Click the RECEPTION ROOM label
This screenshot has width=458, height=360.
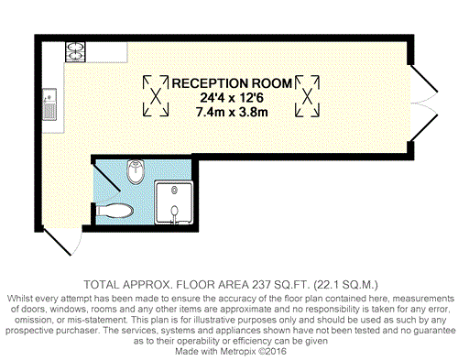tap(232, 83)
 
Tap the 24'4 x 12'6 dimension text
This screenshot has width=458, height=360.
tap(232, 98)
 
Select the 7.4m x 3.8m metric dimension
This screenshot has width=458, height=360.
tap(232, 112)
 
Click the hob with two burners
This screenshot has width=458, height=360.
tap(75, 52)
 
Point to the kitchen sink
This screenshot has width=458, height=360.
tap(49, 104)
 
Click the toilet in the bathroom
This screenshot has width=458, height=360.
tap(114, 211)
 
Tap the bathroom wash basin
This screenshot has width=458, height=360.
tap(136, 171)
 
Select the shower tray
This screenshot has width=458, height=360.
tap(174, 202)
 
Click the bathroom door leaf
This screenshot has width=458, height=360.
tap(106, 177)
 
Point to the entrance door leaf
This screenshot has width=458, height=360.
tap(57, 242)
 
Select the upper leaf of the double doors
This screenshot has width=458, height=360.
tap(424, 78)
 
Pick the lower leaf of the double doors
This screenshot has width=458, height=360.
tap(424, 128)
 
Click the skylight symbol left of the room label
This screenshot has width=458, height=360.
tap(156, 96)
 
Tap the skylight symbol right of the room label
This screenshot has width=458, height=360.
tap(308, 96)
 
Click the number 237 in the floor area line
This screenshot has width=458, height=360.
tap(261, 285)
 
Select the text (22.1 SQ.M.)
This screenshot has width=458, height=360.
tap(345, 285)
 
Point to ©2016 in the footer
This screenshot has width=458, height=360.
tap(273, 351)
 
